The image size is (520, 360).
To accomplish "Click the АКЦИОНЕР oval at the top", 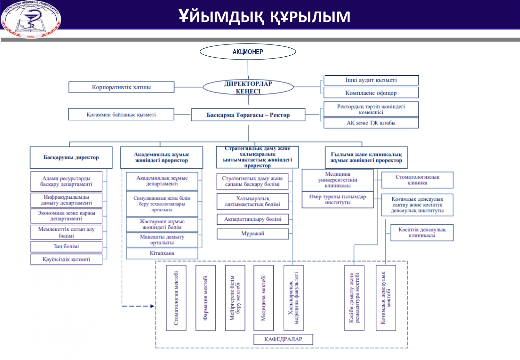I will [248, 52].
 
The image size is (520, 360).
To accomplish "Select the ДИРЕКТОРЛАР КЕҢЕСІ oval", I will [248, 87].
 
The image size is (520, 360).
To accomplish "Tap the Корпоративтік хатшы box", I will [121, 87].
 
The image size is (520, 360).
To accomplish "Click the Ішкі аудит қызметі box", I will [371, 80].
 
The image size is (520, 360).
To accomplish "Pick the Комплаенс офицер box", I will [371, 93].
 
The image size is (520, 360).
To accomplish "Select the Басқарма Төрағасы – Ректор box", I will [248, 115].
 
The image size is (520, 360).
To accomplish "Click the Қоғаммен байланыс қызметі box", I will [121, 115].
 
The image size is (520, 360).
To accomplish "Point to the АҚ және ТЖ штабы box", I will [371, 123].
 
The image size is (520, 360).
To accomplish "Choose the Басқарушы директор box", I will [71, 157].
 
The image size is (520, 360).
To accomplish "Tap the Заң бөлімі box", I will [66, 246].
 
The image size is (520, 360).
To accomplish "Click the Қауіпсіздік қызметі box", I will [66, 259].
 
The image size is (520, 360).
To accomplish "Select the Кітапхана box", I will [162, 253].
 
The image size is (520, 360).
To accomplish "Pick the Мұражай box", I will [252, 234].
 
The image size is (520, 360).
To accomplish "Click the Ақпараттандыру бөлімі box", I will [252, 219].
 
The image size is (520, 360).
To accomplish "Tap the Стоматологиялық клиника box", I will [417, 180].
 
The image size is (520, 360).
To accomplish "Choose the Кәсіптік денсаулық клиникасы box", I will [422, 232].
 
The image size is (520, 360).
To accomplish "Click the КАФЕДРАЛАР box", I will [283, 339].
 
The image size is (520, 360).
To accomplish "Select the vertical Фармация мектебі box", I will [205, 298].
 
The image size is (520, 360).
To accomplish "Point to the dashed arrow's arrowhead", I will [152, 306].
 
